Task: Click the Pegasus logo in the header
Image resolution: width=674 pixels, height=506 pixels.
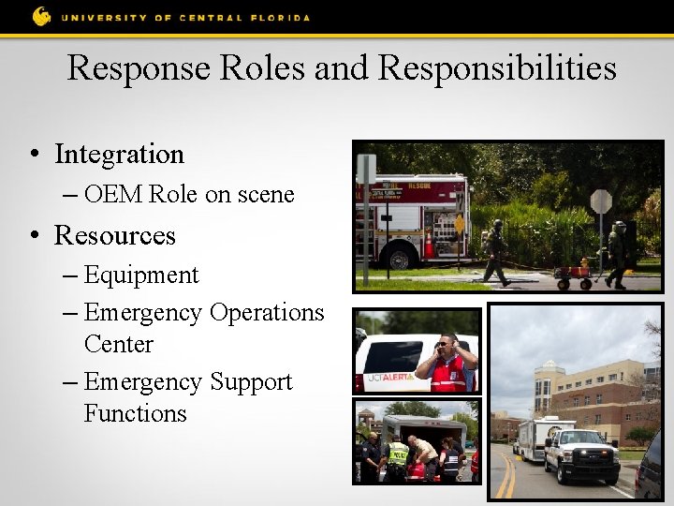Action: tap(41, 16)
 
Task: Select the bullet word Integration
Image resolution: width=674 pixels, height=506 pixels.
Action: tap(119, 154)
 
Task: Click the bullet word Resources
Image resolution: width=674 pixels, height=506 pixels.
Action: tap(114, 234)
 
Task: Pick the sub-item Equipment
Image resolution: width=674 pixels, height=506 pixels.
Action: tap(140, 275)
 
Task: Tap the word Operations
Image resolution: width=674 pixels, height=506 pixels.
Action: tap(267, 312)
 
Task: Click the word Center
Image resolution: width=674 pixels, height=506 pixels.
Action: tap(118, 344)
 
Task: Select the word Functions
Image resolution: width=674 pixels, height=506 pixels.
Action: tap(135, 413)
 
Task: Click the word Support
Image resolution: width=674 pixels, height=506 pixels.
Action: tap(251, 382)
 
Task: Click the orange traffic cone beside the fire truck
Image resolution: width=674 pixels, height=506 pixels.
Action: tap(430, 246)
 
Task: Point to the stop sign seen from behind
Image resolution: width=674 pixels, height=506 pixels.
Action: tap(601, 202)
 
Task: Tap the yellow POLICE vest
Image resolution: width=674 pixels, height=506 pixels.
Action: tap(399, 455)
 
